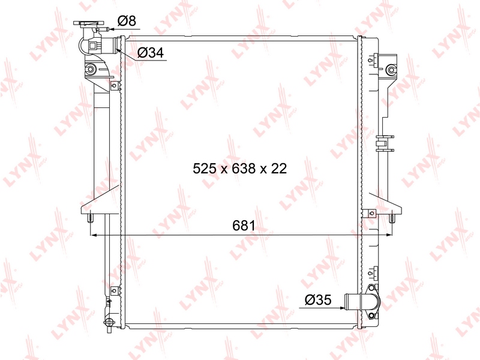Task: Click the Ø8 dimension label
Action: click(127, 21)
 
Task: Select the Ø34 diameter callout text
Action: click(151, 53)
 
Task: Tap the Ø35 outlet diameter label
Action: click(318, 299)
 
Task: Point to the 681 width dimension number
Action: click(244, 226)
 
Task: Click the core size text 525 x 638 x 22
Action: click(239, 169)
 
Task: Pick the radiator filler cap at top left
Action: click(88, 23)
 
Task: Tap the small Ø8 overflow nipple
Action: click(103, 29)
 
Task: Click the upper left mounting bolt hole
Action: click(90, 69)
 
